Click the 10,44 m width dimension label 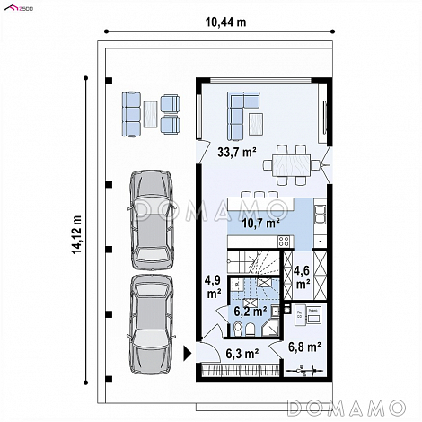coord(225,22)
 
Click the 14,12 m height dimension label coord(76,234)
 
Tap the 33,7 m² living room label coord(237,152)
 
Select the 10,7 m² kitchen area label coord(260,223)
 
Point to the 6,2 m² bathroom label coord(251,312)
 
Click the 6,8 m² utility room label coord(304,347)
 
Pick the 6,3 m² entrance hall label coord(242,354)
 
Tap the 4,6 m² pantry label coord(303,277)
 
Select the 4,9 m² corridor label coord(213,287)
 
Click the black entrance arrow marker coord(187,353)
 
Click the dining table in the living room coord(291,165)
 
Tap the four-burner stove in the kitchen coord(284,241)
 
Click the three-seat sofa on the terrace coord(131,114)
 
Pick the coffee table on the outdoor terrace coord(150,114)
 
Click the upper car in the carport coord(152,220)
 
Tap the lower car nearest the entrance coord(151,325)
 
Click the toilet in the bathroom coord(238,329)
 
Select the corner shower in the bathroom coord(271,327)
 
